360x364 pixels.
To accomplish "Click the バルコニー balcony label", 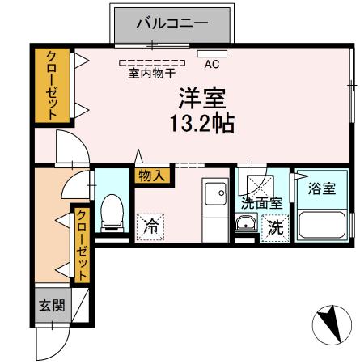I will coord(172,23).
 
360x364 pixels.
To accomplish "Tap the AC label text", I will coord(213,64).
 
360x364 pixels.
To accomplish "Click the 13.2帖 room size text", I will coord(202,124).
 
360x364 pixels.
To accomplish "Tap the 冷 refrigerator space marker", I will coord(150,227).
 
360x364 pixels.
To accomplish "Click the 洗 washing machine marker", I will coord(276,228).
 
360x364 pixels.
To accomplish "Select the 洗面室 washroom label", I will coord(261,203).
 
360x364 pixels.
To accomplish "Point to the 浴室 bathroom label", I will coord(322,189).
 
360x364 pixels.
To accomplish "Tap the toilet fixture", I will coord(112,212).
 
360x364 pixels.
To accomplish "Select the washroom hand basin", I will coord(246,225).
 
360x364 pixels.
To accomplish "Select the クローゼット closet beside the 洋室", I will coord(52,85).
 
